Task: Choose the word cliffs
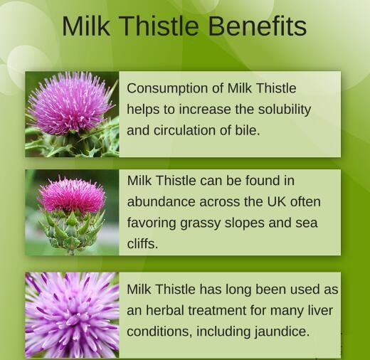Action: pos(142,243)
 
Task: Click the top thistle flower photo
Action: pos(72,114)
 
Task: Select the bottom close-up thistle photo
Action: pos(72,314)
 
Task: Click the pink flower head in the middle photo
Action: pos(71,194)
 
